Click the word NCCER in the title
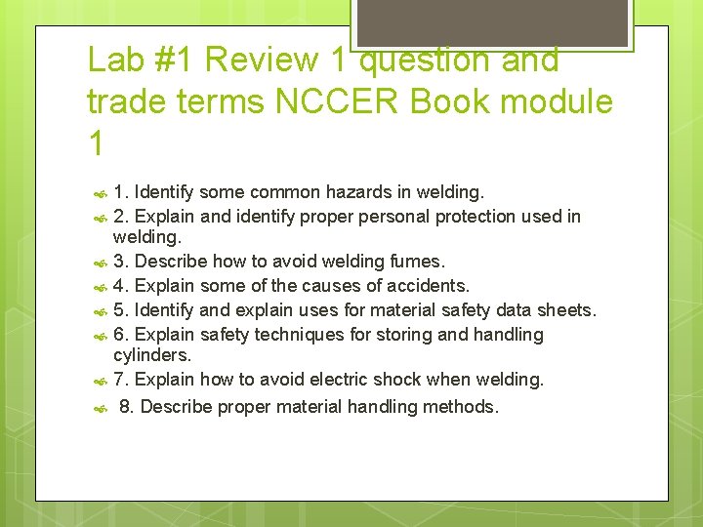(353, 101)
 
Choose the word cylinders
(152, 355)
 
